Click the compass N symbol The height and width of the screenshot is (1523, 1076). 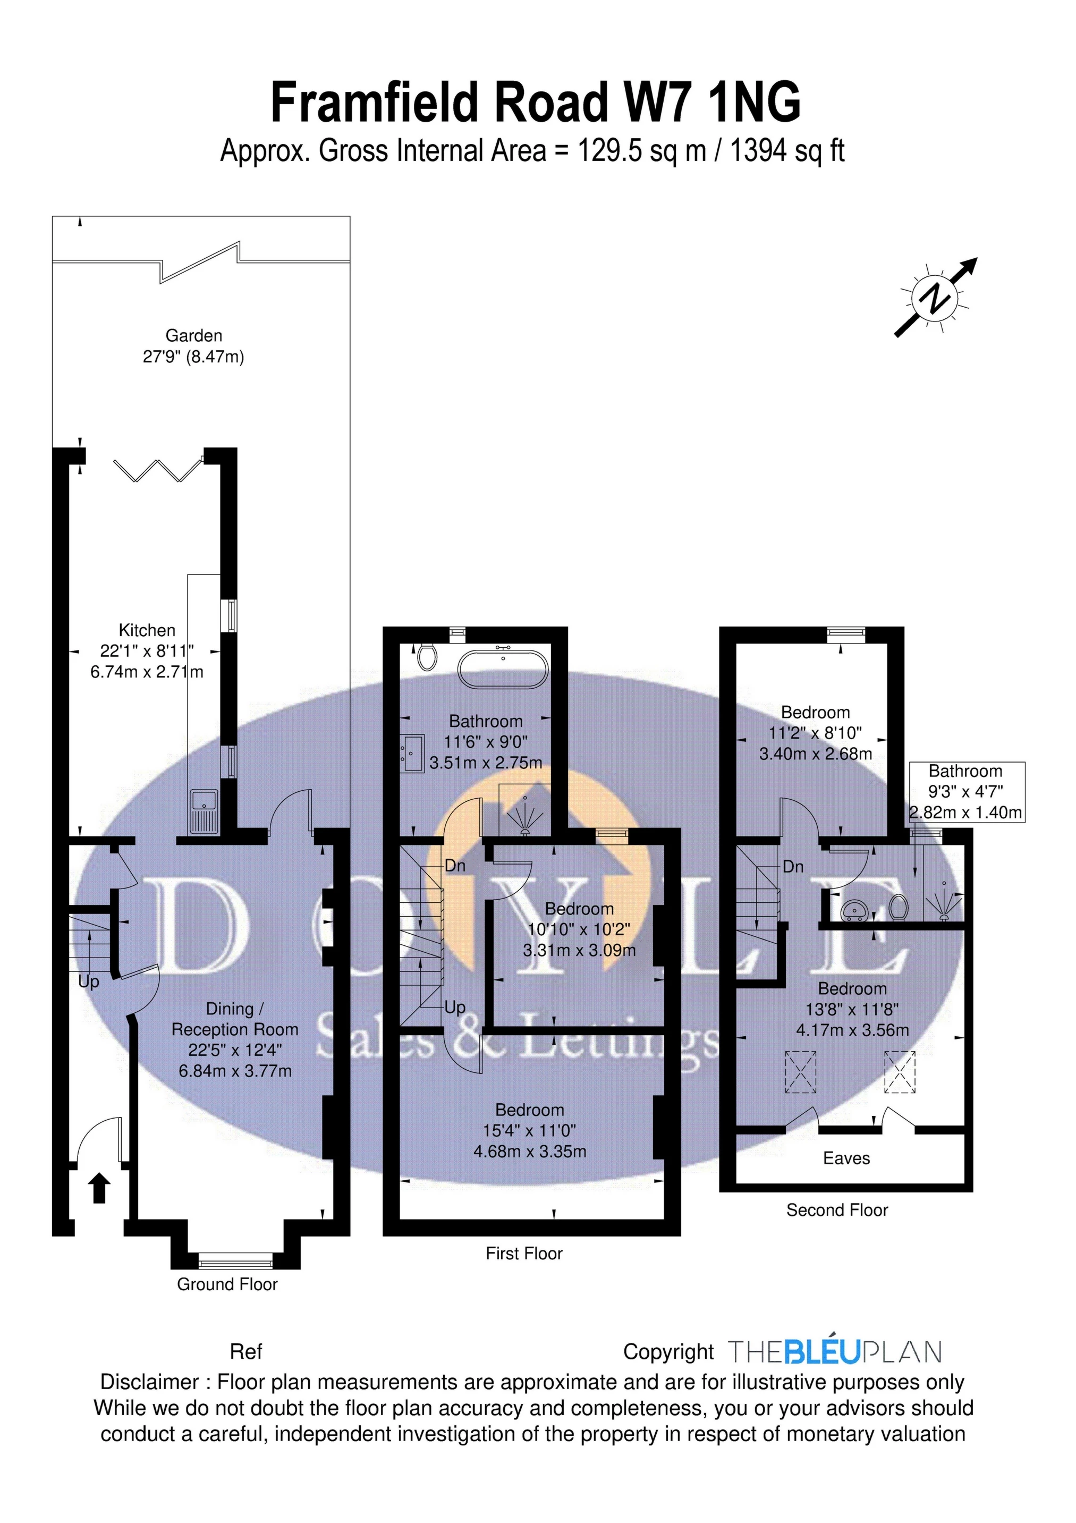[935, 297]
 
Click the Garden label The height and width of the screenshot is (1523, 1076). [194, 336]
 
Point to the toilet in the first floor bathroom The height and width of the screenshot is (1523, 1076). [427, 657]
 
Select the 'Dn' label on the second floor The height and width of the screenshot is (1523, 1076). [793, 866]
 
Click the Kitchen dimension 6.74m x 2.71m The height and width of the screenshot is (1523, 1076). [147, 672]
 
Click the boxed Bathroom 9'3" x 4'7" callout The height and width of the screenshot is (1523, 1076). [965, 792]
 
